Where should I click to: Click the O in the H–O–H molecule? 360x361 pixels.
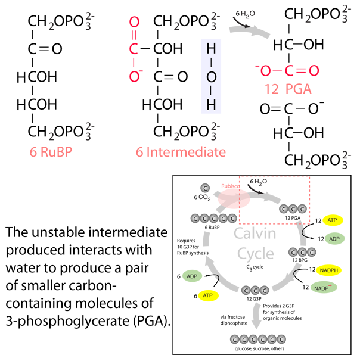[211, 77]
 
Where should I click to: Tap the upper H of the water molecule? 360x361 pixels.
[211, 49]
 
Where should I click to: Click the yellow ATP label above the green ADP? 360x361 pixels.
[332, 220]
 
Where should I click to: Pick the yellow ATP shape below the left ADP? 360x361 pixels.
[208, 296]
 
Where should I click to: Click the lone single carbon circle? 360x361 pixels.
[206, 188]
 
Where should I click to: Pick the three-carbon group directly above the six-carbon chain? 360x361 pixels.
[256, 291]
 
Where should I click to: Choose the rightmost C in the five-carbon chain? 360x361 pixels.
[232, 219]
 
